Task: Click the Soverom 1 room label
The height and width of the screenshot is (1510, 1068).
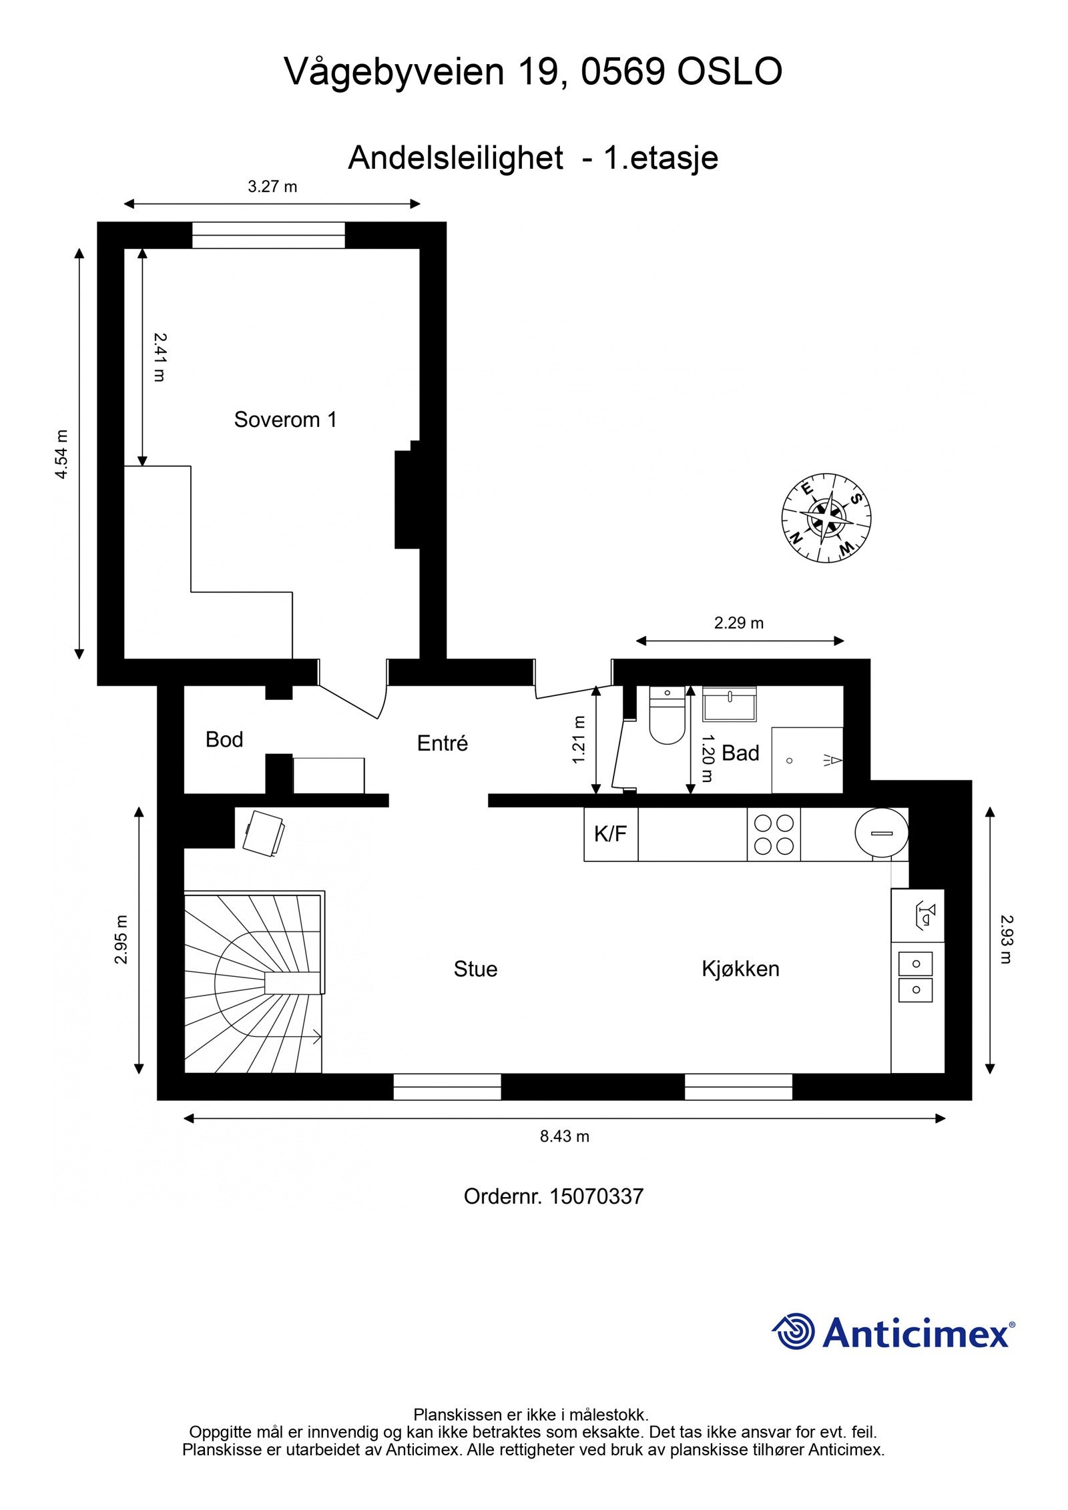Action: [285, 420]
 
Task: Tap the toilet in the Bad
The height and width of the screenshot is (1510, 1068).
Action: [667, 717]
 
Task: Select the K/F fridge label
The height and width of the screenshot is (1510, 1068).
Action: [610, 834]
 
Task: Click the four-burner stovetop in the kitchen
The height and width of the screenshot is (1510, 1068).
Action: [773, 835]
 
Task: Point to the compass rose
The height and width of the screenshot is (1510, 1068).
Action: [826, 518]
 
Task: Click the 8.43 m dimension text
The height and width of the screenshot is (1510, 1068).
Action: [564, 1136]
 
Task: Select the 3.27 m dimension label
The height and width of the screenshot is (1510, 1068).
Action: [272, 187]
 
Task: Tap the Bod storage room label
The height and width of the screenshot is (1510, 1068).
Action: [224, 739]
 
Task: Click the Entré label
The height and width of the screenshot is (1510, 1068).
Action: [442, 743]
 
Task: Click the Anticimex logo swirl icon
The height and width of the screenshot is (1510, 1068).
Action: [794, 1332]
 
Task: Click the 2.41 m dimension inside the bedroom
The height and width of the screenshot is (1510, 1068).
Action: [159, 357]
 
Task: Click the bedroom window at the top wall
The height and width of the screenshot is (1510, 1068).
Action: [268, 236]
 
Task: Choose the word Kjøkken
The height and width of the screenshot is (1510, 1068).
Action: [740, 969]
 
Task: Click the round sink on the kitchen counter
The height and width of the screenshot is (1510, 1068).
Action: [881, 833]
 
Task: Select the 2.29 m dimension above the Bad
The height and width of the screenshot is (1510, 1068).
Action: [738, 623]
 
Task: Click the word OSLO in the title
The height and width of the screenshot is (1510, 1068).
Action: [730, 72]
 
